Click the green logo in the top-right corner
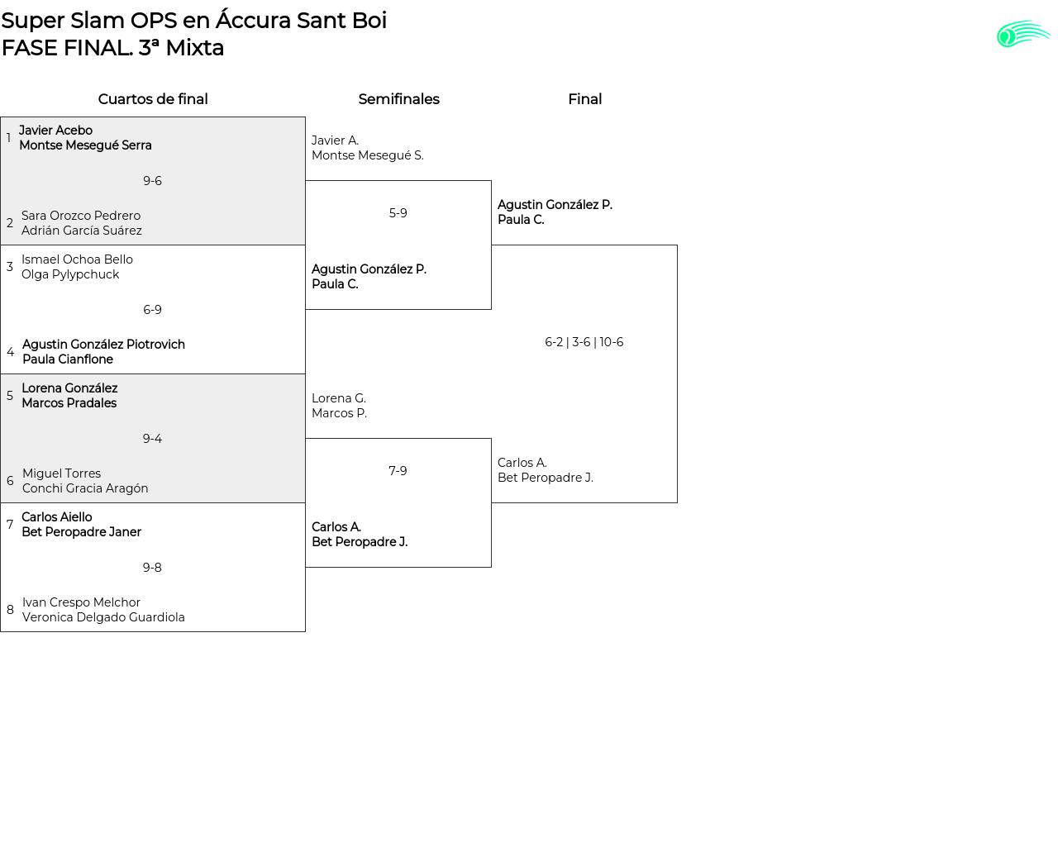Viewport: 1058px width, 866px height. [1022, 34]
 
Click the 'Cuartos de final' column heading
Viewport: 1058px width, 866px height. [153, 99]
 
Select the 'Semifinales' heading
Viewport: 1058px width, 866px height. [398, 99]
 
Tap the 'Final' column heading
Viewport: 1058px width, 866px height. [584, 99]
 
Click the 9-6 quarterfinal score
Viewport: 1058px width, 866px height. [152, 181]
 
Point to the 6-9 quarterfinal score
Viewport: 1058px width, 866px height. [152, 310]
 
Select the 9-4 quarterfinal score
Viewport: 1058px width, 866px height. [152, 439]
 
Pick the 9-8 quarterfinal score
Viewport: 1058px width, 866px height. [152, 568]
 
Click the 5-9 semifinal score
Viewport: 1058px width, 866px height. [398, 213]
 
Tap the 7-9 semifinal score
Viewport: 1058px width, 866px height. [398, 471]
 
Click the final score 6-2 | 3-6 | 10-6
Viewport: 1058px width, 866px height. [584, 342]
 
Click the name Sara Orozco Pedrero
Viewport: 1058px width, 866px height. [81, 216]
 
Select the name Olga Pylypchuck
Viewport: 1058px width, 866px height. [70, 274]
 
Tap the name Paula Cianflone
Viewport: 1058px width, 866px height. [68, 359]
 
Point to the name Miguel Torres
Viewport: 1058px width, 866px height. [61, 473]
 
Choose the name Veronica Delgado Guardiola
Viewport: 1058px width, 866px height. [103, 617]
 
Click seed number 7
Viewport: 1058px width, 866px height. [10, 525]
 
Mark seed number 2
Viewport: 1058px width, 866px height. [10, 223]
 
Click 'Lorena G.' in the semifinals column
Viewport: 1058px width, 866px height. [339, 398]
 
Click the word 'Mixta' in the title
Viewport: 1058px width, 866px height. [194, 48]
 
